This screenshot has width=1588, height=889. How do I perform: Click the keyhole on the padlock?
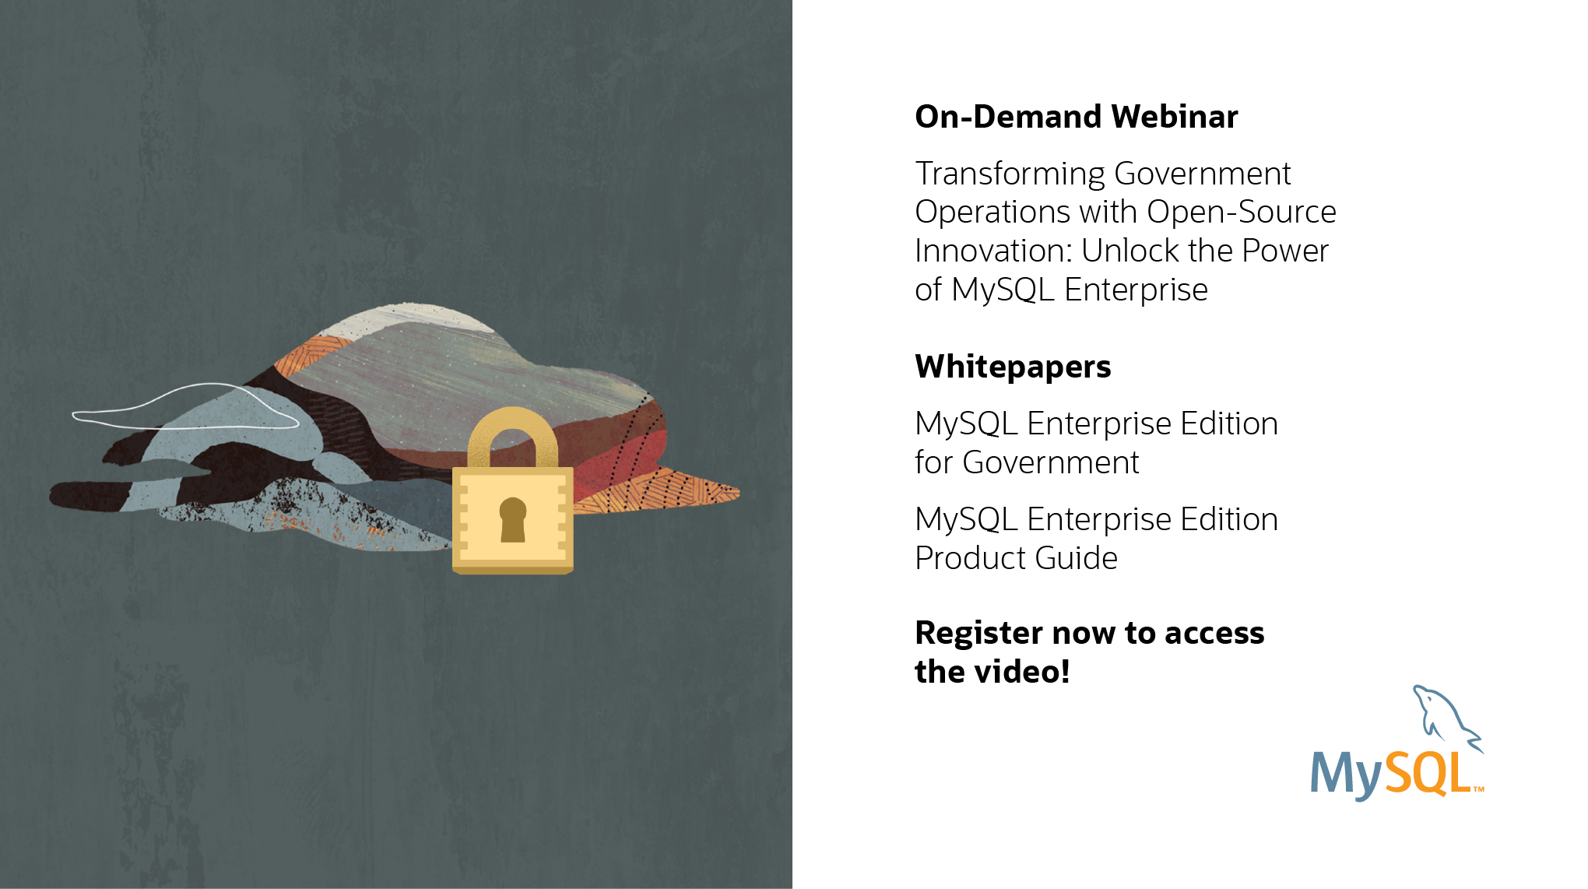click(513, 519)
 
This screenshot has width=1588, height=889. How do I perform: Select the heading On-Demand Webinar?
click(1077, 117)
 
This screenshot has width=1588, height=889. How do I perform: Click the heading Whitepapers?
click(1014, 367)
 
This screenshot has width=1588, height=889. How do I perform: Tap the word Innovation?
click(994, 251)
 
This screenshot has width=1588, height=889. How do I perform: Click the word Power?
click(1285, 251)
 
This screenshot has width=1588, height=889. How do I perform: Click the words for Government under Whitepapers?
click(1027, 462)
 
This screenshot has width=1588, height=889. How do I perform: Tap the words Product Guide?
click(1017, 558)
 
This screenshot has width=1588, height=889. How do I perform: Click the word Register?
click(979, 634)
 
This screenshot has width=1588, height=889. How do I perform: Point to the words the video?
click(992, 672)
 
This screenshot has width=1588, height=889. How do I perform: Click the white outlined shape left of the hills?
click(184, 407)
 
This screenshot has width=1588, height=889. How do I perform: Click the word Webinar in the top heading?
click(1175, 117)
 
